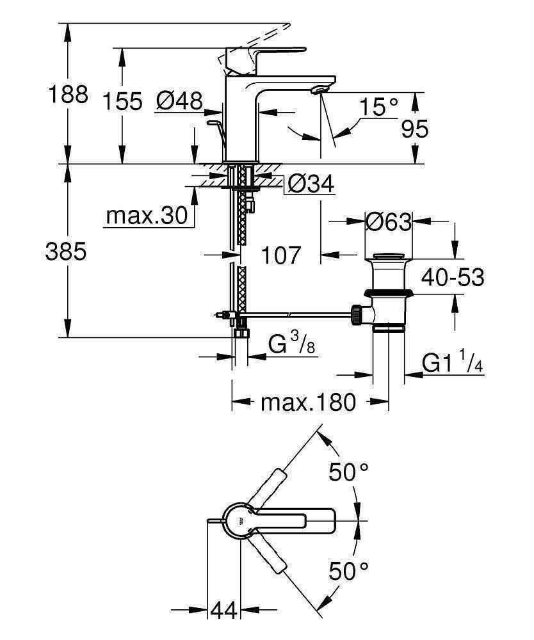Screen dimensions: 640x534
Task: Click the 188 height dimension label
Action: (68, 95)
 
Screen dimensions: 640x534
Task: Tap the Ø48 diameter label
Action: (180, 100)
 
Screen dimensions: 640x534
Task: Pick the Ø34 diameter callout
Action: (311, 185)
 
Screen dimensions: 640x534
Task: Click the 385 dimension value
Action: (66, 252)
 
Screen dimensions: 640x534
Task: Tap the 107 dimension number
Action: (280, 255)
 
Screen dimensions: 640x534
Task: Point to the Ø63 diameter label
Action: (387, 221)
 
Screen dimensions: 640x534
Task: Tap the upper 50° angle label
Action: (348, 473)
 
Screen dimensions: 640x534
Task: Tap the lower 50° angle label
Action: (348, 570)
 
